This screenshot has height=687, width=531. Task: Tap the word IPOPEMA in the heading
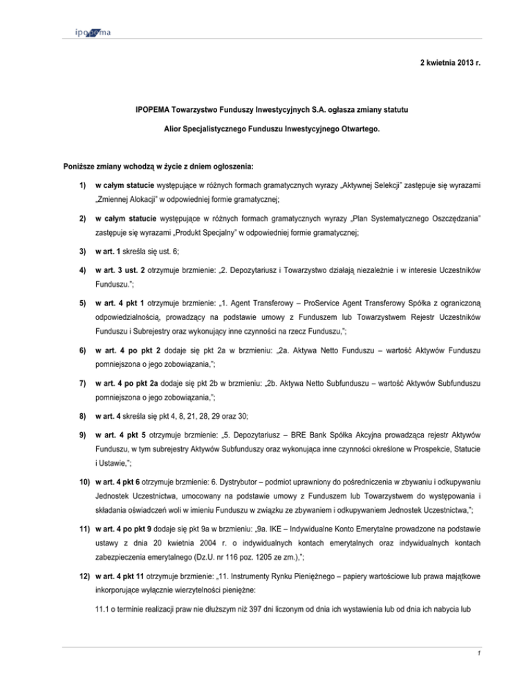point(156,109)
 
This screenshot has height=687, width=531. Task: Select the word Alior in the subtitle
point(175,129)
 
